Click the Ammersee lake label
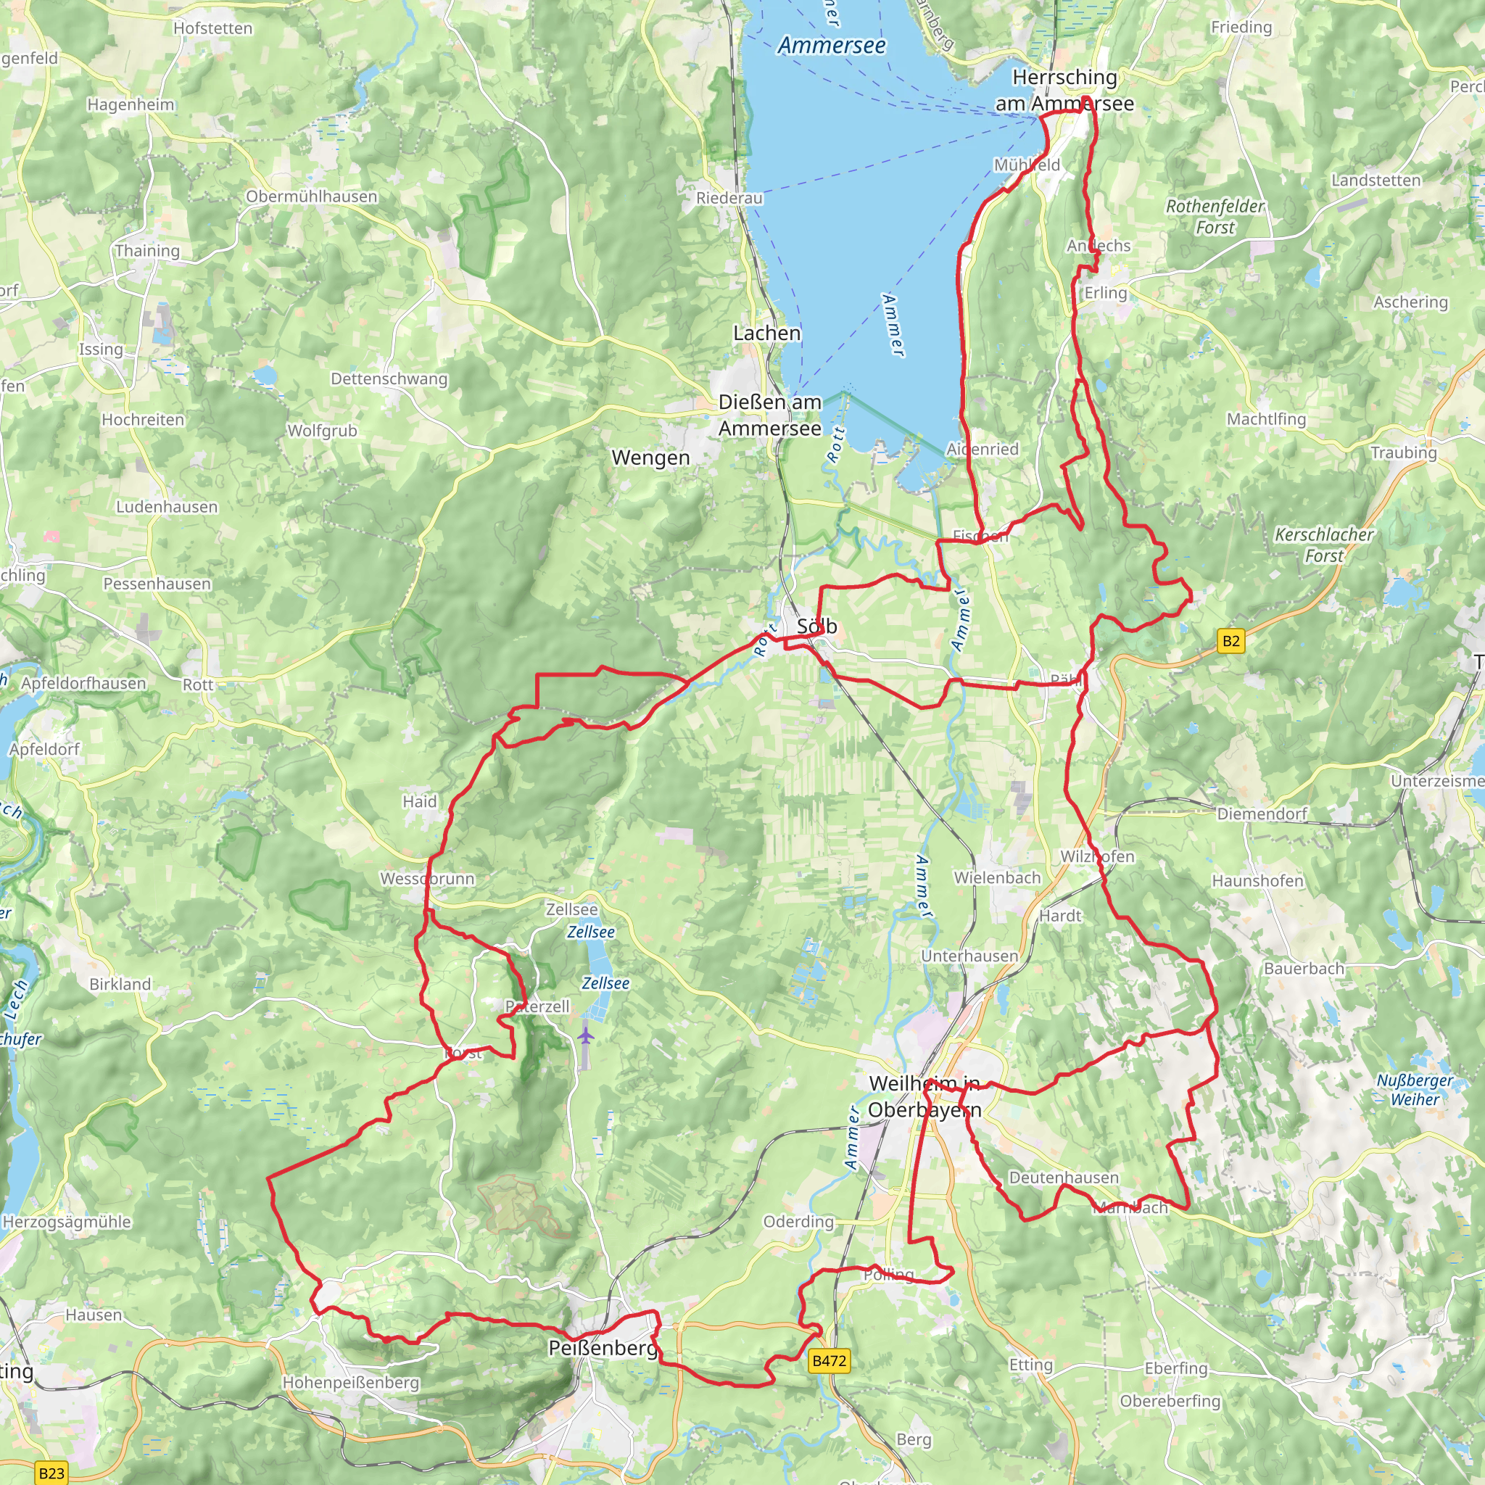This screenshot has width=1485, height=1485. click(832, 46)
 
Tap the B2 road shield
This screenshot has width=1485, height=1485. click(1230, 641)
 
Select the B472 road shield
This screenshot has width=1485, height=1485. click(830, 1361)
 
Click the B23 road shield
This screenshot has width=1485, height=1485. click(51, 1473)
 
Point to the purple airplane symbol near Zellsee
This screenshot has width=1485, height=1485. click(586, 1035)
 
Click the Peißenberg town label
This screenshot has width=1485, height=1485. click(603, 1348)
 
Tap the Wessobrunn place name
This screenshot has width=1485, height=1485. click(427, 879)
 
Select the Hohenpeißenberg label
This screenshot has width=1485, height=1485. click(350, 1383)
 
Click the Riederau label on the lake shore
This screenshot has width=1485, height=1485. click(729, 198)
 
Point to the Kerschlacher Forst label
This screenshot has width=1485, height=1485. click(1323, 545)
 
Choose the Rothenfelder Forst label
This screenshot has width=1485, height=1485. click(1215, 217)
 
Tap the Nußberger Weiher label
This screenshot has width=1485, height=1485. click(1414, 1090)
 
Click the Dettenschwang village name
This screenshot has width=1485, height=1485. click(389, 379)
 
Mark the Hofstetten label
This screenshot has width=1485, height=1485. click(212, 28)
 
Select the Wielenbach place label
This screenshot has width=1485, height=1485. click(997, 878)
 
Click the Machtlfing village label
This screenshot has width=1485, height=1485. click(1266, 419)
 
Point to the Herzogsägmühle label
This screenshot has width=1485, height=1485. click(67, 1222)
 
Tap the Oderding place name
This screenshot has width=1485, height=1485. click(798, 1221)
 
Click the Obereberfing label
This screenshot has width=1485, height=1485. click(1170, 1401)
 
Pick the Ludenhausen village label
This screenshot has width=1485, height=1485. click(167, 507)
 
